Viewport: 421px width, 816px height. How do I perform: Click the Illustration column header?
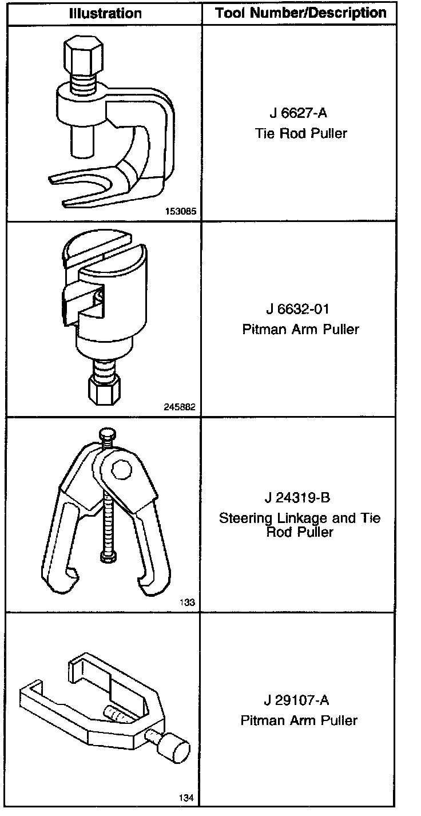[x=105, y=13]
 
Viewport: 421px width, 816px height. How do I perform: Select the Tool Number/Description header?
[x=301, y=13]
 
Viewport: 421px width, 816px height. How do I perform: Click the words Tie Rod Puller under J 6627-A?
[x=301, y=134]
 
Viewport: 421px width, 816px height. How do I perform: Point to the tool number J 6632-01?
[x=298, y=309]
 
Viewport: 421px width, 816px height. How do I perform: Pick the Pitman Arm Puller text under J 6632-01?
[x=300, y=330]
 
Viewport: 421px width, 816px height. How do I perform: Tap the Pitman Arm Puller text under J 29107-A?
[x=299, y=720]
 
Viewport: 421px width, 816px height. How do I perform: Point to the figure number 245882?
[x=181, y=407]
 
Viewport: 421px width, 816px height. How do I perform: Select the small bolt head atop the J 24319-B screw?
[x=106, y=434]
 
